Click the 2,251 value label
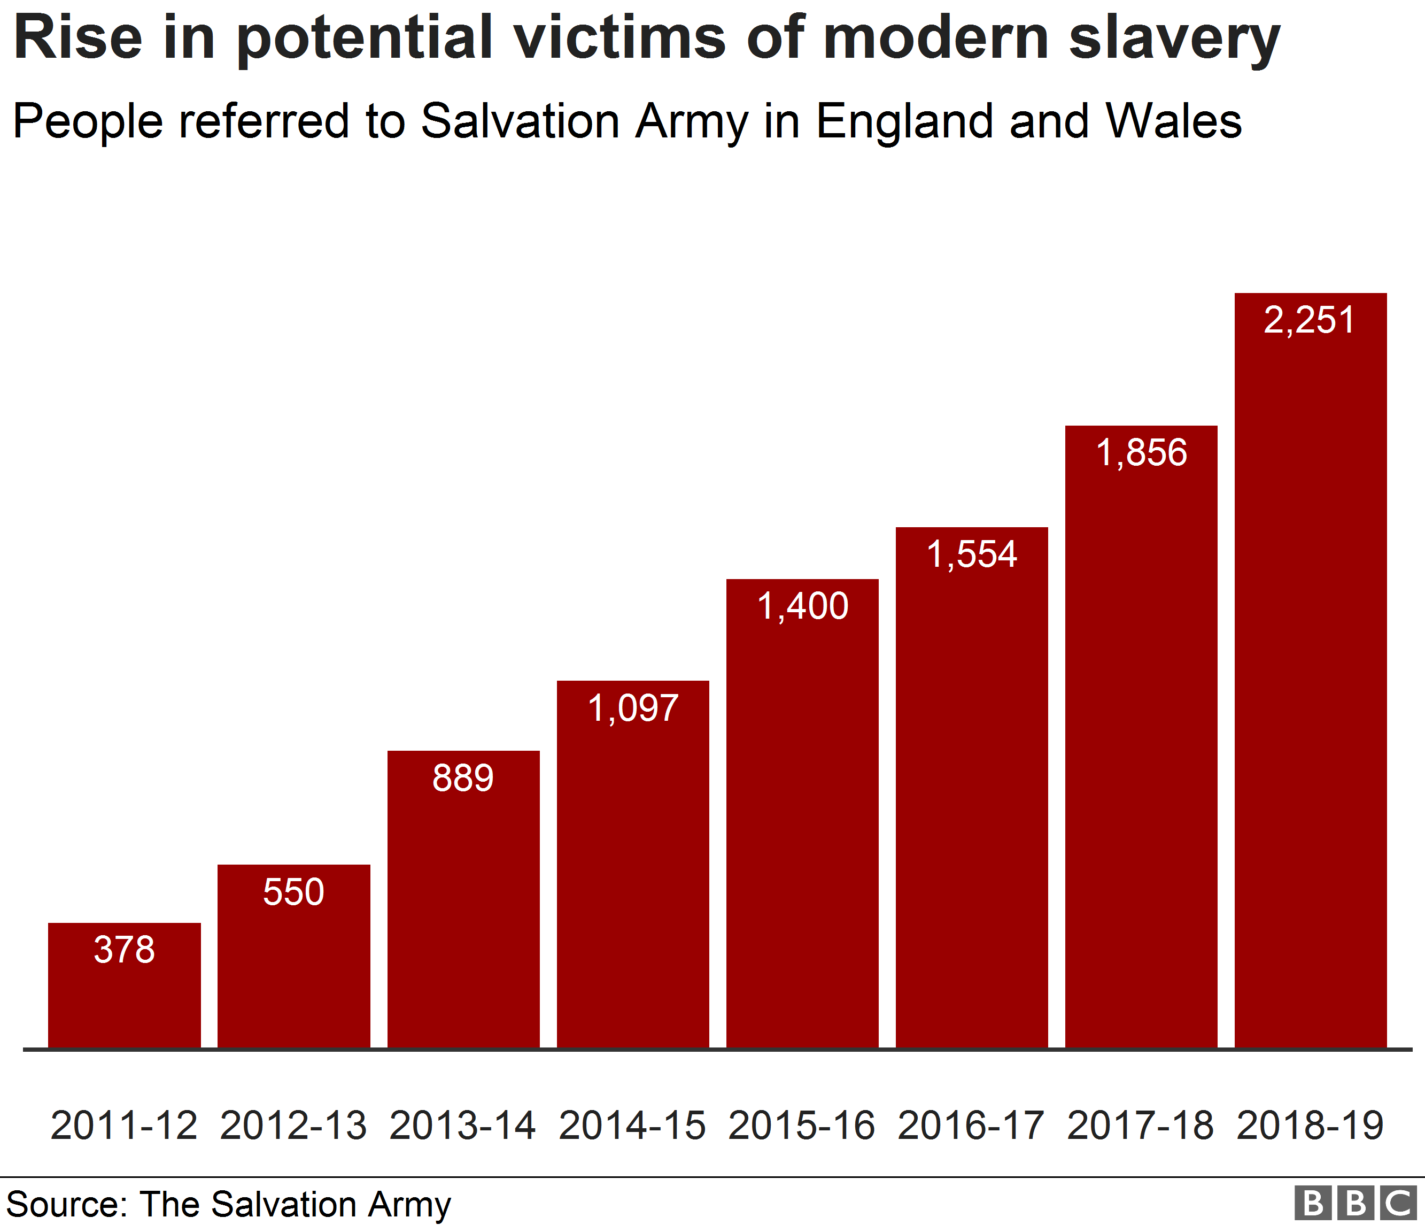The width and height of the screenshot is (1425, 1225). pyautogui.click(x=1310, y=320)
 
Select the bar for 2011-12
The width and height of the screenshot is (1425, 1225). pyautogui.click(x=125, y=997)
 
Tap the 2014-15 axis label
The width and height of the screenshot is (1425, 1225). pyautogui.click(x=632, y=1126)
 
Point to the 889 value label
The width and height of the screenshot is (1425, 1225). pyautogui.click(x=463, y=778)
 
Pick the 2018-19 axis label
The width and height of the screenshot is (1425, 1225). pyautogui.click(x=1310, y=1126)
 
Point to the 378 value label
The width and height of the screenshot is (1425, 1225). pyautogui.click(x=125, y=950)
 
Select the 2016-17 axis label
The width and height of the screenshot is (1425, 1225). pyautogui.click(x=971, y=1126)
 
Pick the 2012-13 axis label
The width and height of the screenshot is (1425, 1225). pyautogui.click(x=293, y=1126)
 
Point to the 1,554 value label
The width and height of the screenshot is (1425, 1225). pyautogui.click(x=971, y=554)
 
